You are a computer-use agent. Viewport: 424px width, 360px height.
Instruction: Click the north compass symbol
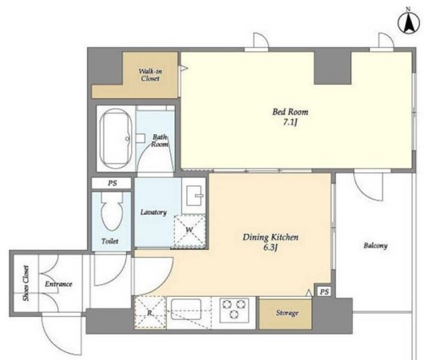(408, 23)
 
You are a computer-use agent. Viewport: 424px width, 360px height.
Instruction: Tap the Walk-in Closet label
(150, 75)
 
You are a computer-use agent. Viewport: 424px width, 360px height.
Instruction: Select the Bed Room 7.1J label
(290, 117)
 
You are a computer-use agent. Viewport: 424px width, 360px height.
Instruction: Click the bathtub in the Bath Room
(116, 138)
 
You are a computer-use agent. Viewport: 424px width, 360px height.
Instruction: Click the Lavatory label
(153, 212)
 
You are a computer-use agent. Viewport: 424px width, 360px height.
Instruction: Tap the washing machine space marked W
(189, 231)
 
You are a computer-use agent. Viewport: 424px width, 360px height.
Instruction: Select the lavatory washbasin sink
(194, 196)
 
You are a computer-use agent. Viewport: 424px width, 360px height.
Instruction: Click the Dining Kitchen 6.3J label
(271, 242)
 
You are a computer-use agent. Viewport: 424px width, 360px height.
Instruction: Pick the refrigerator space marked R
(149, 313)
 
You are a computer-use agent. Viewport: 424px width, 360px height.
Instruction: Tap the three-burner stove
(234, 310)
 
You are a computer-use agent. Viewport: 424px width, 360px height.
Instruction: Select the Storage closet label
(287, 313)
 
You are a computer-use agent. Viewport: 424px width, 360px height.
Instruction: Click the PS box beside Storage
(324, 291)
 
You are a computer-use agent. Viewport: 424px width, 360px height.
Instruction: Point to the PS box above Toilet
(112, 183)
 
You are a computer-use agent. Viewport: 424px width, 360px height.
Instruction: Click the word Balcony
(375, 245)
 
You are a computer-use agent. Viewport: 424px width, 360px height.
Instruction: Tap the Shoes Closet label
(26, 283)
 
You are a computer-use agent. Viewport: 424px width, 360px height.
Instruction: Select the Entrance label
(58, 284)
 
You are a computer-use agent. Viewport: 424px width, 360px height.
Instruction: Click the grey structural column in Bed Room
(332, 68)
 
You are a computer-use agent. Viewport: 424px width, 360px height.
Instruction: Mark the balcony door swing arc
(365, 194)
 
